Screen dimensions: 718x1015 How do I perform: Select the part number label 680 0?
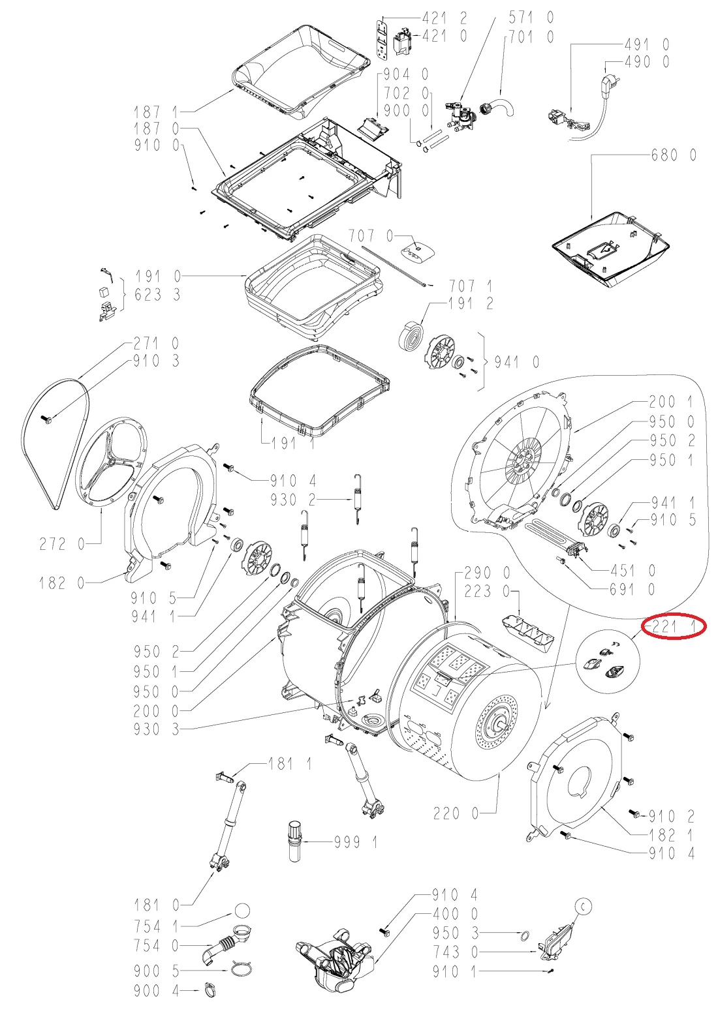point(674,155)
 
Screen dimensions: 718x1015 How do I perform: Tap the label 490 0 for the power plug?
point(647,61)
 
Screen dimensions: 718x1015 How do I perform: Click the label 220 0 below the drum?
point(456,813)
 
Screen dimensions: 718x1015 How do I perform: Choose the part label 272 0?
point(61,544)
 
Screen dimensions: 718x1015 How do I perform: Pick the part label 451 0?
point(632,570)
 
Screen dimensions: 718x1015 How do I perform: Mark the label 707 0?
point(371,235)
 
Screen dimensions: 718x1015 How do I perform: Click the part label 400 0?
point(455,913)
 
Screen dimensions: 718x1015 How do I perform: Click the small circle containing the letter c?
point(584,906)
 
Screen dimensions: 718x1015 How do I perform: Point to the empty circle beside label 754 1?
point(243,911)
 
